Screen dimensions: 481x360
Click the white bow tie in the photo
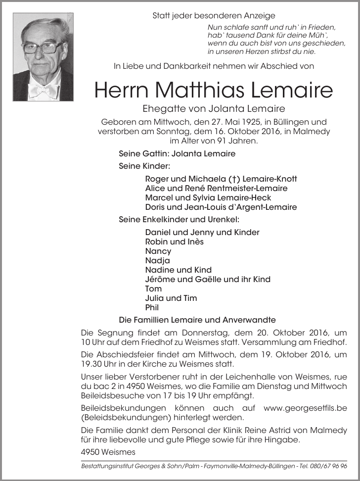(43, 91)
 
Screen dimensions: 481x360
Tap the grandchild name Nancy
(158, 251)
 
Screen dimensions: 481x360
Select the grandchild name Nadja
(157, 260)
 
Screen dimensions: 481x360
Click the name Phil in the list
(152, 307)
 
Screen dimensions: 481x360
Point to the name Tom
(153, 289)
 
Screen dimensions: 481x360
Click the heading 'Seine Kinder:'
(144, 166)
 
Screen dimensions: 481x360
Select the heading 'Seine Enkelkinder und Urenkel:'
(179, 219)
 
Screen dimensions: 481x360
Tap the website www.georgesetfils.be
(305, 408)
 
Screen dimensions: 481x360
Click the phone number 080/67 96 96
(330, 466)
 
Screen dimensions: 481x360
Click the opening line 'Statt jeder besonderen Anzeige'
(214, 16)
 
